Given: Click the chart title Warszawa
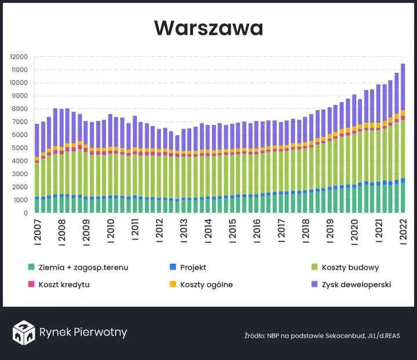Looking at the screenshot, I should tap(209, 28).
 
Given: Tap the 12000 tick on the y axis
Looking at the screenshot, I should tap(19, 57).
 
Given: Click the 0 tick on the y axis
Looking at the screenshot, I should tap(25, 213).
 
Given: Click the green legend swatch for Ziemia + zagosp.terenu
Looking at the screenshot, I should tap(31, 268).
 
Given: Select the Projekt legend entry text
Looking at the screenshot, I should tap(193, 268).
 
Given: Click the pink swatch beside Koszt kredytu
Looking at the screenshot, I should tap(31, 285).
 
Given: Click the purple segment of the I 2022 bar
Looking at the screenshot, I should tap(403, 87).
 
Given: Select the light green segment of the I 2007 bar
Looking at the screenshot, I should tap(37, 180).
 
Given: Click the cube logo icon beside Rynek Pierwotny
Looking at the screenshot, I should tap(23, 332).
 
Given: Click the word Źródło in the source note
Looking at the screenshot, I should tap(254, 336).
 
